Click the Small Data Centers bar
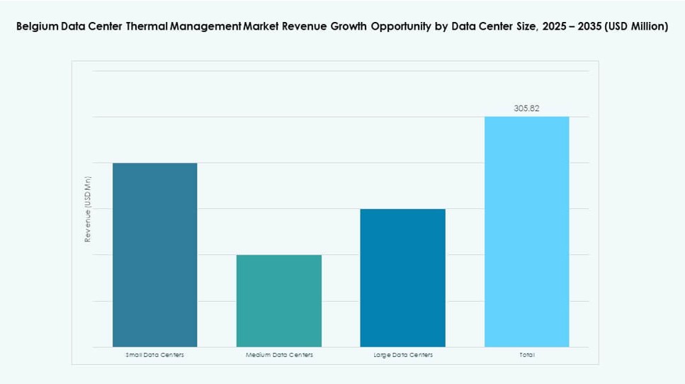coord(154,255)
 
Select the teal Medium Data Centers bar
coord(279,300)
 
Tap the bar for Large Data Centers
coord(402,278)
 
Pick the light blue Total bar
coord(526,232)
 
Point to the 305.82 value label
coord(526,108)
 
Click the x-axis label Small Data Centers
coord(154,354)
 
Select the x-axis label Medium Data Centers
coord(279,354)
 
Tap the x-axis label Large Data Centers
coord(402,354)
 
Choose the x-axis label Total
coord(526,354)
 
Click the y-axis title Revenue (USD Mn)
coord(88,209)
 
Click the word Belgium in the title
coord(38,27)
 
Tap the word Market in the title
coord(261,27)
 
